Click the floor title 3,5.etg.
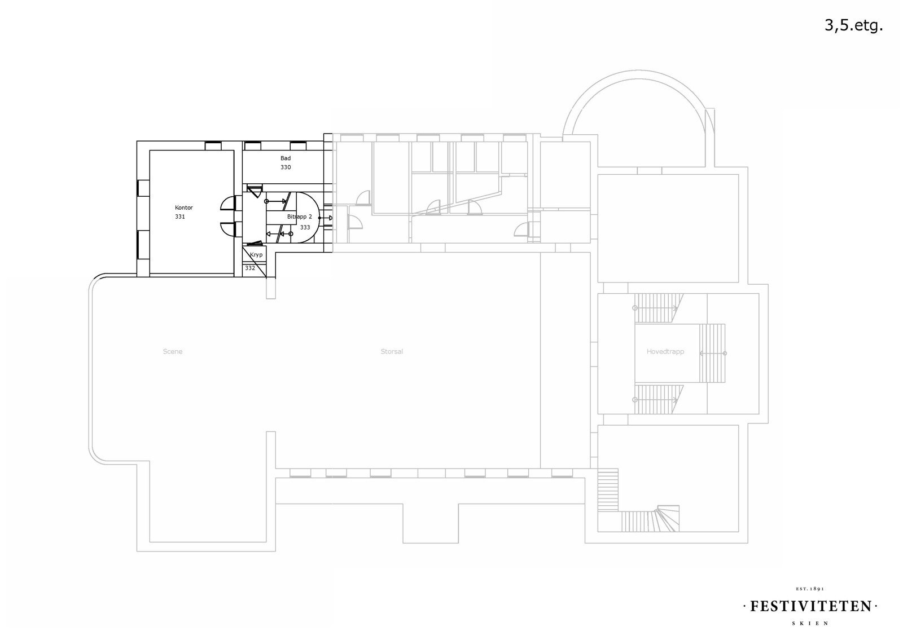click(853, 25)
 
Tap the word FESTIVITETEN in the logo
click(810, 606)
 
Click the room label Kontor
click(183, 208)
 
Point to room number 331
click(180, 217)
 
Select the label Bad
click(286, 158)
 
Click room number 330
click(286, 167)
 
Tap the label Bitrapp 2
click(299, 217)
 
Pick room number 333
click(305, 227)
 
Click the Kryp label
click(256, 255)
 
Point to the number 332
click(250, 268)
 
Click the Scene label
click(173, 351)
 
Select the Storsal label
click(392, 351)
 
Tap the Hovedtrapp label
click(665, 351)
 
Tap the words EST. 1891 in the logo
click(810, 589)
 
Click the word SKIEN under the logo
click(810, 623)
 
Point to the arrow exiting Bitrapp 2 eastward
click(326, 218)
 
